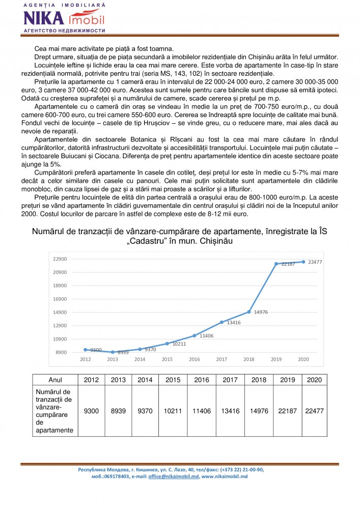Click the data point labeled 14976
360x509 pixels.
point(249,312)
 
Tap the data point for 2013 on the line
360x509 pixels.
point(112,352)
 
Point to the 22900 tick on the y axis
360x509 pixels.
point(60,259)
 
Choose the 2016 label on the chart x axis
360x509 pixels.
point(194,359)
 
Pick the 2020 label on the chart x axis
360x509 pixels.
point(303,359)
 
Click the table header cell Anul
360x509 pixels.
point(55,380)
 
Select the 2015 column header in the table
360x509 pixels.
point(172,380)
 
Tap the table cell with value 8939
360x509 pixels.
point(118,411)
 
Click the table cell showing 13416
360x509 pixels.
point(226,411)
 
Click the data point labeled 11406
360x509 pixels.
point(195,335)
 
